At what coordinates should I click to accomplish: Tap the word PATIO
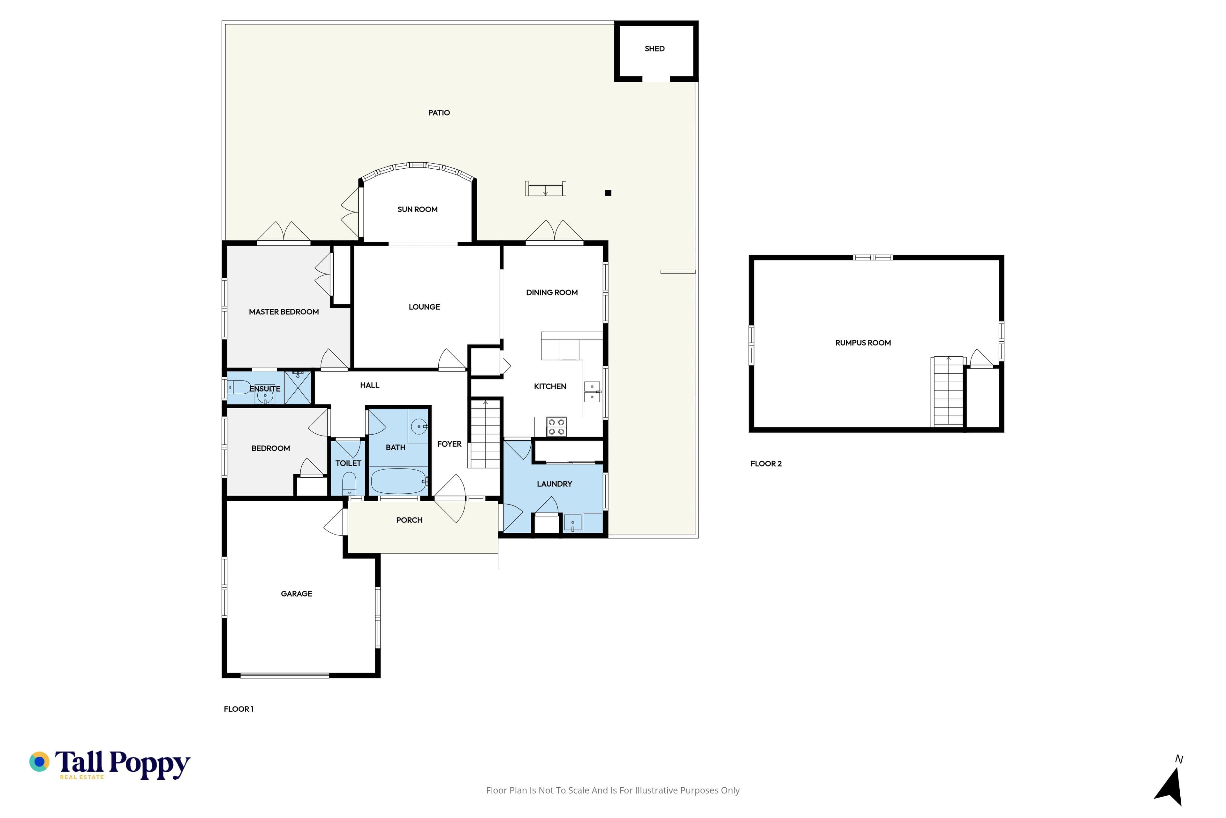click(439, 113)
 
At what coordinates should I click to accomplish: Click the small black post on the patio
click(608, 193)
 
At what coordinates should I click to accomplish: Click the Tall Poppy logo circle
click(39, 762)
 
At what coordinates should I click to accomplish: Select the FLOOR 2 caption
click(766, 464)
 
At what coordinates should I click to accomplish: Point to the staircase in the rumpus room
click(948, 391)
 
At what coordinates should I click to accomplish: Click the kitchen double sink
click(592, 392)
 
